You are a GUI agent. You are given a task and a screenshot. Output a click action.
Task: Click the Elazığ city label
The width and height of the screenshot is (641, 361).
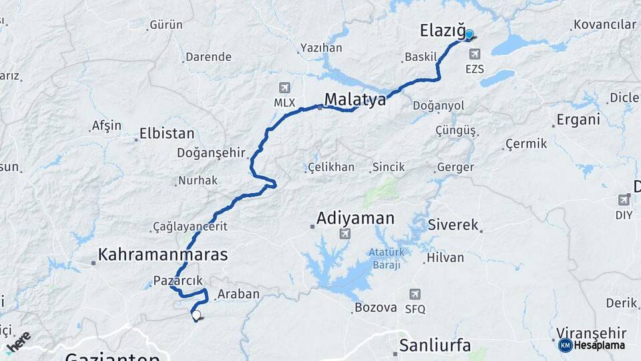[x=442, y=30]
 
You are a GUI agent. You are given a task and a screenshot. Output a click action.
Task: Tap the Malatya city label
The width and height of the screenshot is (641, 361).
[x=355, y=100]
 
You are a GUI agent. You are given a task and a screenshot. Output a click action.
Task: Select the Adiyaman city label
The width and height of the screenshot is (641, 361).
[x=355, y=218]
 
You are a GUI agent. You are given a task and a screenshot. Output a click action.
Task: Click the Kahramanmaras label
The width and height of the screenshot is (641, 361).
[x=163, y=255]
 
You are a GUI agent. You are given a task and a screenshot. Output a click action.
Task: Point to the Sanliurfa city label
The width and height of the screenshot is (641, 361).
[x=435, y=346]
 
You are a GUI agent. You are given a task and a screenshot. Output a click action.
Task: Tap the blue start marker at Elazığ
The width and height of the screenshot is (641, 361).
[x=469, y=35]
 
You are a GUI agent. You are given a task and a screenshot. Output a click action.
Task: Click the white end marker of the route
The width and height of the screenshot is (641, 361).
[x=196, y=314]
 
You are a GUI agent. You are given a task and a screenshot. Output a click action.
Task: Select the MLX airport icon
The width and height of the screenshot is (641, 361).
[x=284, y=88]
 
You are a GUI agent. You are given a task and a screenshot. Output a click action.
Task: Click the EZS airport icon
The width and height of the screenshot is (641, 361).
[x=475, y=54]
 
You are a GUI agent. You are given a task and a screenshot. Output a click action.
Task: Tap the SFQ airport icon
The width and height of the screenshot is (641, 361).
[x=415, y=294]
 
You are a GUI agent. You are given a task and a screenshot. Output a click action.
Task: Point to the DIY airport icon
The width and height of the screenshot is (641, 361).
[x=624, y=199]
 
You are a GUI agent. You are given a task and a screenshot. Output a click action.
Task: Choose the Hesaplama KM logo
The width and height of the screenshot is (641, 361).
[x=592, y=345]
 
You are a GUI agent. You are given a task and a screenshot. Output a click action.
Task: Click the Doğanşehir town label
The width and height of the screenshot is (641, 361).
[x=211, y=152]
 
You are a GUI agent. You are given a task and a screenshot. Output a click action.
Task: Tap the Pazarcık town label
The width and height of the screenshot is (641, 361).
[x=177, y=281]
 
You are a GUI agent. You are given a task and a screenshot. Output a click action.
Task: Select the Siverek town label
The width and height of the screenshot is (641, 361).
[x=453, y=225]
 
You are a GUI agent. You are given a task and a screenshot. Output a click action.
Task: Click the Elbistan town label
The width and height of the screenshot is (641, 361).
[x=167, y=134]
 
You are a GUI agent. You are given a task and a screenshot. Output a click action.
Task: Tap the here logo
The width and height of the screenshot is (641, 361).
[x=18, y=341]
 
